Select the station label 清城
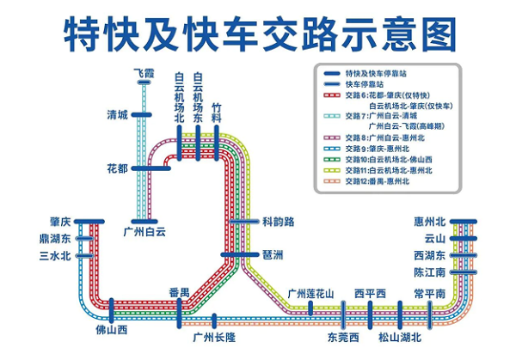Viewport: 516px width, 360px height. [117, 115]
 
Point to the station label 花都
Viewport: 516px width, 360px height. [117, 168]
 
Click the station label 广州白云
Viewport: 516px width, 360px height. [144, 230]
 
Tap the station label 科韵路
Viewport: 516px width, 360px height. [278, 222]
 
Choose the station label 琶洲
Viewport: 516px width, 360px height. [273, 255]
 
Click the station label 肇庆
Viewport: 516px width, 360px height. [61, 222]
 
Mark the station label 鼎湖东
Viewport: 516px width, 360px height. [56, 238]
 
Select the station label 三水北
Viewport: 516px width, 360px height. [56, 255]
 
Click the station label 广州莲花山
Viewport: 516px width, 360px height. [310, 294]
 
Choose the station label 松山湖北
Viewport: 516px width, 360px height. [400, 336]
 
